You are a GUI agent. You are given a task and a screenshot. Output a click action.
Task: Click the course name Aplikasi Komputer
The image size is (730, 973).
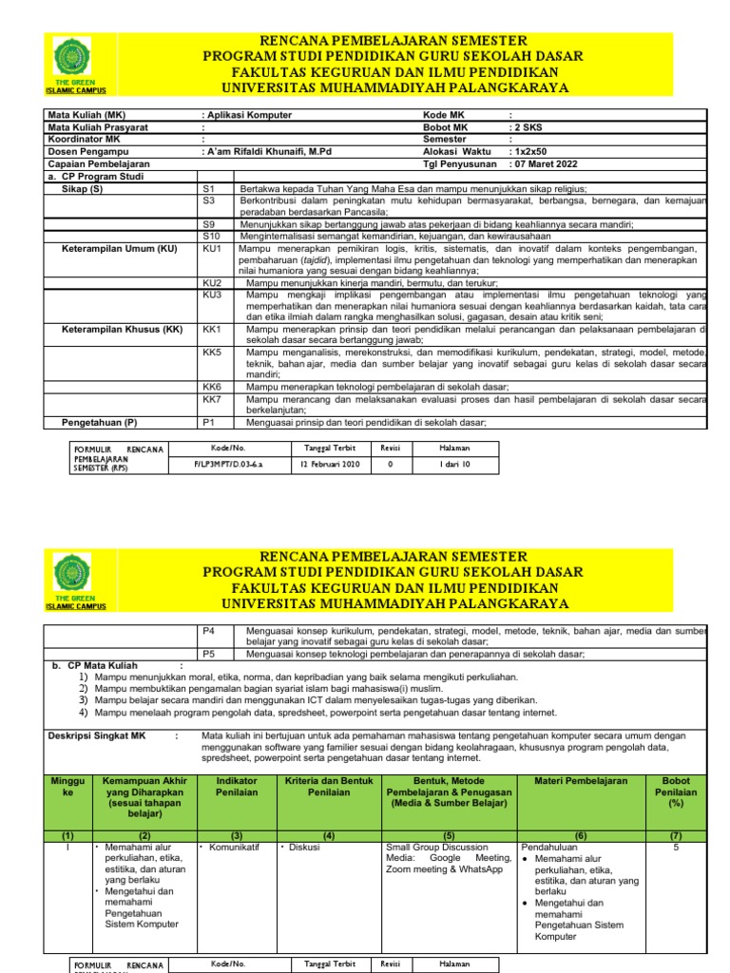(x=248, y=116)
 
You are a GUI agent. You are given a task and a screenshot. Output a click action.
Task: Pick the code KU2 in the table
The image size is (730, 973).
(x=213, y=283)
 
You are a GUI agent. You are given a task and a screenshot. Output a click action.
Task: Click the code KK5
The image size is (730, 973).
(x=213, y=352)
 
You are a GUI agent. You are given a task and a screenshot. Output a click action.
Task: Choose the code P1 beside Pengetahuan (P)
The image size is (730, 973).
(x=210, y=422)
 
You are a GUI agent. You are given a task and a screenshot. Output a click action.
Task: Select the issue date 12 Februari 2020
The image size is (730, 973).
(x=326, y=465)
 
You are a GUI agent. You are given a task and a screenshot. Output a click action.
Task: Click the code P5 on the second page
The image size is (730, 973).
(x=210, y=654)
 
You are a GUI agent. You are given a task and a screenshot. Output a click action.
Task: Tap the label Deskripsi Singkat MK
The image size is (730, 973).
(x=98, y=735)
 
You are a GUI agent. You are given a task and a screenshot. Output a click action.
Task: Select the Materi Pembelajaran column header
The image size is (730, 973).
(x=581, y=780)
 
